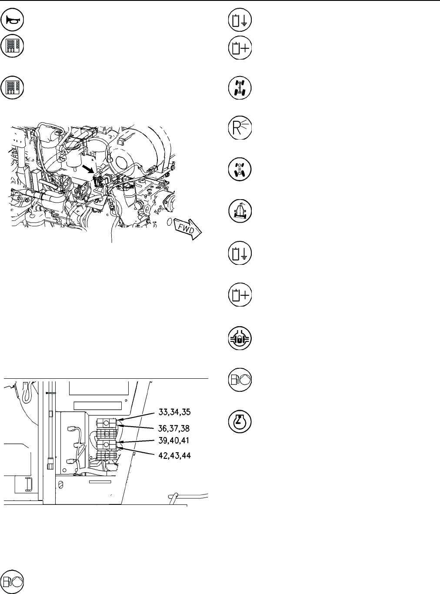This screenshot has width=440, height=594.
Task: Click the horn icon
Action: (x=12, y=20)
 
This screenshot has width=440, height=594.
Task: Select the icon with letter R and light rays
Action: (x=240, y=127)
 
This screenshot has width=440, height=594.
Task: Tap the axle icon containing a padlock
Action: (x=240, y=338)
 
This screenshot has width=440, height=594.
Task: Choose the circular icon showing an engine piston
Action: (x=240, y=422)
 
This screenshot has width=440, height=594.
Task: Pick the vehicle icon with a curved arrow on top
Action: (x=240, y=211)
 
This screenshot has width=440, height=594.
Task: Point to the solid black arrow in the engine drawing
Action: (x=88, y=170)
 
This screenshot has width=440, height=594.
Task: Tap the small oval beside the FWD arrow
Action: (x=169, y=222)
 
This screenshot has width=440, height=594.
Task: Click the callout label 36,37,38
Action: (x=174, y=429)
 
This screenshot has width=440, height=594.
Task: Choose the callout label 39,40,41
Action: (x=174, y=440)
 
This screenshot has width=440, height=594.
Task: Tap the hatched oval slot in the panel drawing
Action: (x=60, y=484)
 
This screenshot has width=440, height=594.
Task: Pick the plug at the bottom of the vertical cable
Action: (x=50, y=464)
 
